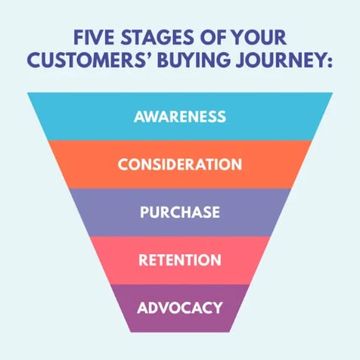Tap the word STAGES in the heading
tap(157, 38)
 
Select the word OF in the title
tap(213, 38)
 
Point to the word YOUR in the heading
tap(259, 38)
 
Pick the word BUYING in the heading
tap(194, 60)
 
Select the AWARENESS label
tap(180, 116)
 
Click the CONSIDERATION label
tap(180, 164)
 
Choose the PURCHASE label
tap(180, 212)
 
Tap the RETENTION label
tap(180, 260)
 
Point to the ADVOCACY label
tap(180, 308)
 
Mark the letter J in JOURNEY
tap(241, 61)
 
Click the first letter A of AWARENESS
tap(139, 116)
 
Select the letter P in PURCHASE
tap(144, 212)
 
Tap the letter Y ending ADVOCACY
tap(217, 308)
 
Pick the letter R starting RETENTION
tap(143, 260)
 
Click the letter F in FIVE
tap(78, 38)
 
